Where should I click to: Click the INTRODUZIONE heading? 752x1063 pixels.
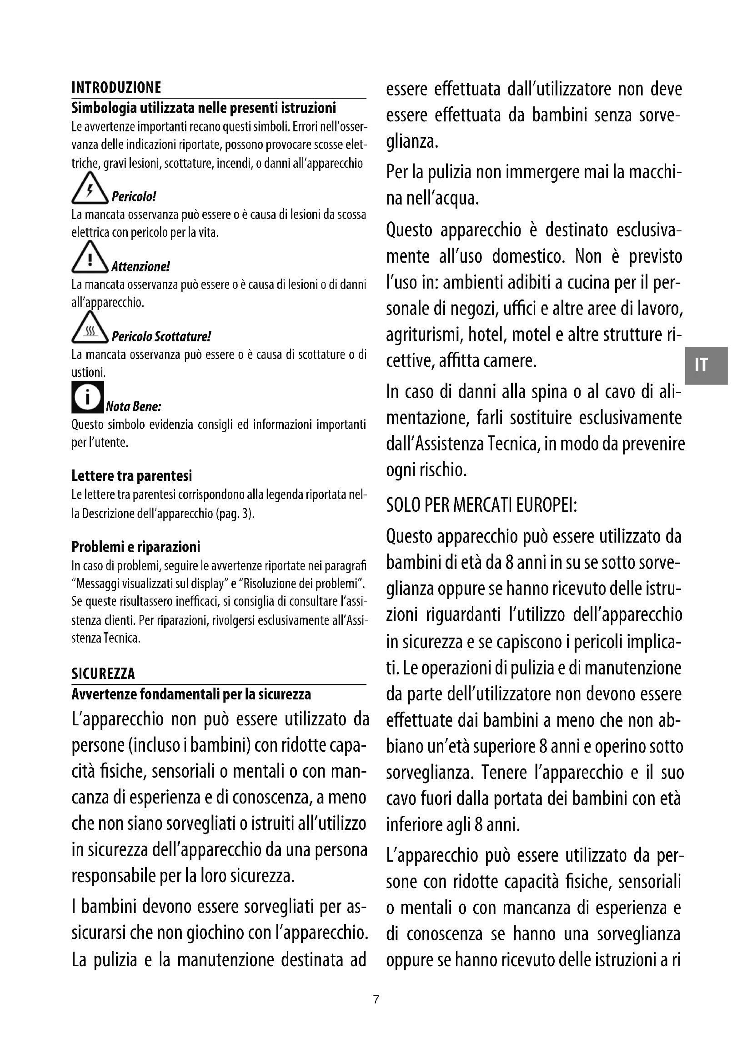click(116, 88)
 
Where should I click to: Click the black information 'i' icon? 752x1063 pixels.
click(87, 397)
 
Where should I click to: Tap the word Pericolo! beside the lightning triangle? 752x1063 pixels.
click(134, 197)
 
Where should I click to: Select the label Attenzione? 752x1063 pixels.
click(141, 267)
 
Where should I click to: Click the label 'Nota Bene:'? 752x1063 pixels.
click(133, 407)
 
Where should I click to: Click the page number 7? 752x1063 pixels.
click(376, 999)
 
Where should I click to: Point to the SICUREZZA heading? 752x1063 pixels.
click(103, 674)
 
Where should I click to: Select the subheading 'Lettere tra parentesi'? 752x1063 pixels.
click(131, 476)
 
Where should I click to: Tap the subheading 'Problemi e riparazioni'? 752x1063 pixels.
click(135, 547)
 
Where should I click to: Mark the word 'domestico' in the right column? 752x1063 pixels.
click(528, 256)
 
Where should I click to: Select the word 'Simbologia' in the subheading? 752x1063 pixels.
click(104, 108)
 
